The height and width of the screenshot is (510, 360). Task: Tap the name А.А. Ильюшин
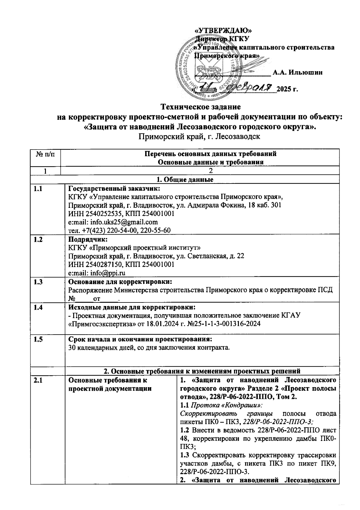click(x=297, y=72)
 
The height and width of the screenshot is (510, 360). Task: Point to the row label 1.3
click(x=38, y=282)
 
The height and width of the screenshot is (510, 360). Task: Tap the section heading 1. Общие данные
click(x=185, y=180)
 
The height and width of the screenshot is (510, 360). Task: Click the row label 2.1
click(x=38, y=380)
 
